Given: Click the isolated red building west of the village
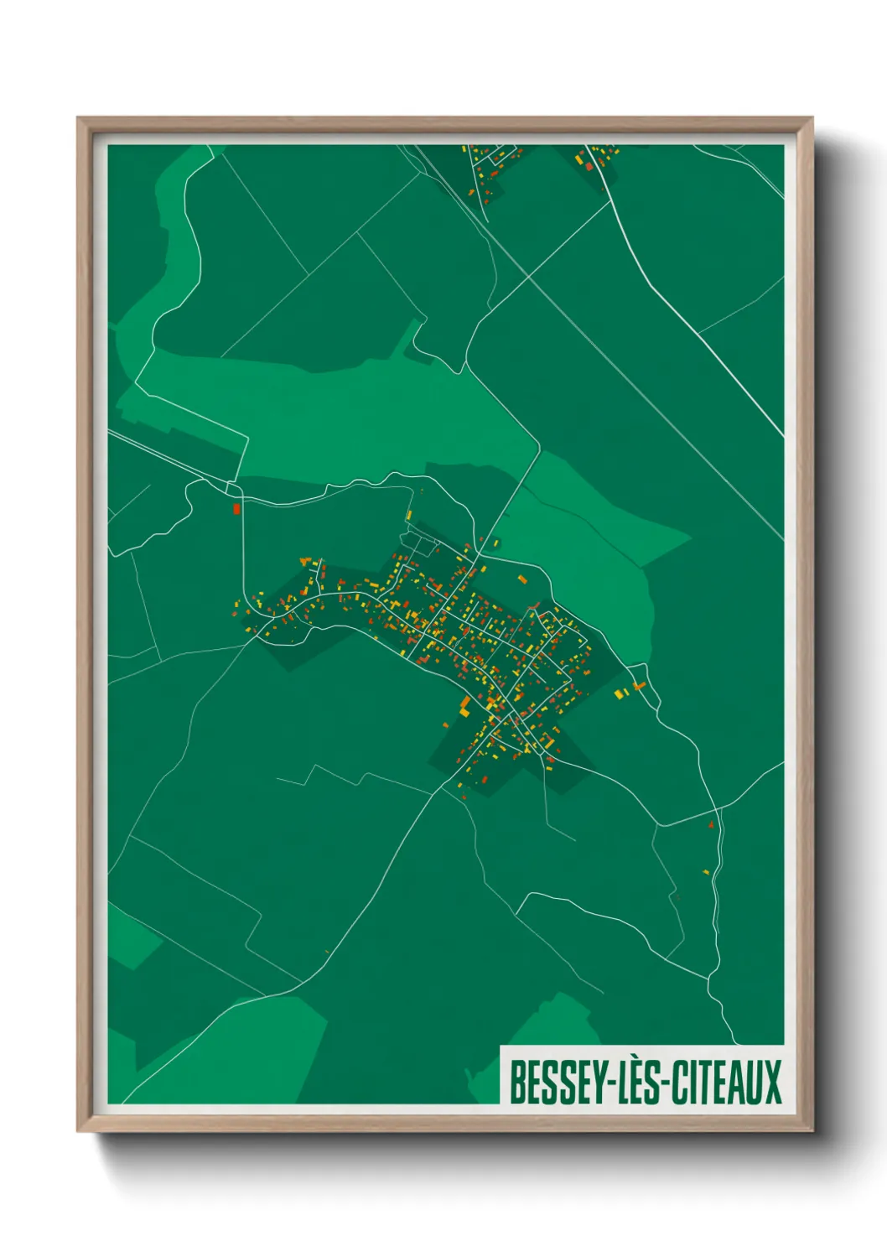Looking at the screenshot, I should [x=236, y=508].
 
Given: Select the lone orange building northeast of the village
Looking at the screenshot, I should [x=522, y=579].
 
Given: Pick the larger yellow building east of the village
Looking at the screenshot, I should [x=620, y=693].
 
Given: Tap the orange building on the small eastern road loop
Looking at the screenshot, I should [x=639, y=686].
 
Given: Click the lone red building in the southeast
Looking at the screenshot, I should [x=711, y=825].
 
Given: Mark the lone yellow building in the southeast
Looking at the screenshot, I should [x=705, y=872].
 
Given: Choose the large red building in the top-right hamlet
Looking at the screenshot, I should [x=589, y=166].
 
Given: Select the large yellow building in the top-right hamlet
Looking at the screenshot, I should [x=578, y=156].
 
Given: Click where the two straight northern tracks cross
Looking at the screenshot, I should [x=529, y=275].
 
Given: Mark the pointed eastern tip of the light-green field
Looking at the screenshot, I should [x=690, y=533].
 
